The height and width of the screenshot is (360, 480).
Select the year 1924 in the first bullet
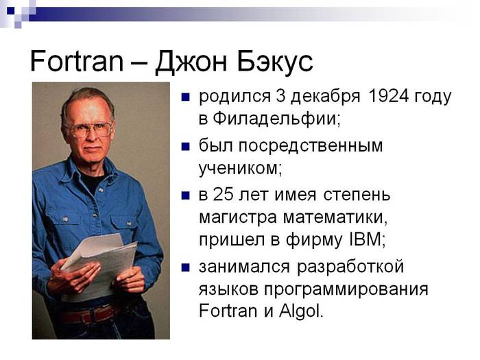pos(389,96)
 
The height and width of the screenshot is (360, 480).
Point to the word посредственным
pos(311,146)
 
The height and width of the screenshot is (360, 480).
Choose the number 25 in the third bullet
pos(223,194)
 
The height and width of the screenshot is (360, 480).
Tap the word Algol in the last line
pos(300,311)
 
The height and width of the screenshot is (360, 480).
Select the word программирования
pos(346,289)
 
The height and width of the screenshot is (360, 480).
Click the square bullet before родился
pos(186,97)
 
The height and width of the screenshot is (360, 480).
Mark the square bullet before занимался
pos(186,267)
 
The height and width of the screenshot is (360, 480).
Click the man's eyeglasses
pos(91,130)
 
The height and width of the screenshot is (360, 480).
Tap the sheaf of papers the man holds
pos(100,263)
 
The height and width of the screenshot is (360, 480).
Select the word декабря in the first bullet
pos(325,97)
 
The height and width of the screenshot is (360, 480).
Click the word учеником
pos(239,169)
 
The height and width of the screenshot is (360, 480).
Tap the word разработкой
pos(350,267)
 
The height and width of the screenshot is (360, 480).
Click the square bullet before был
pos(186,147)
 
